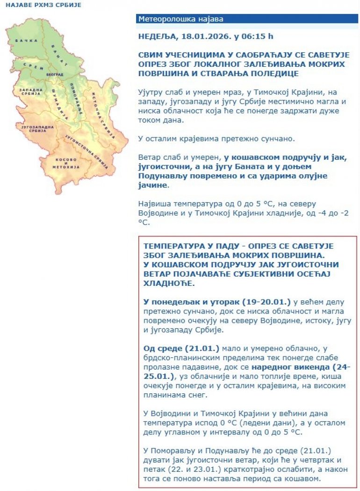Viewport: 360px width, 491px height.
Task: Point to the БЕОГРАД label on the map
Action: point(55,74)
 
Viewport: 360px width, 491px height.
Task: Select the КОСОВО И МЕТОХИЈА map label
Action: point(65,163)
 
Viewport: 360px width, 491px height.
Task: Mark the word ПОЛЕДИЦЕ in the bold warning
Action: point(275,73)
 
